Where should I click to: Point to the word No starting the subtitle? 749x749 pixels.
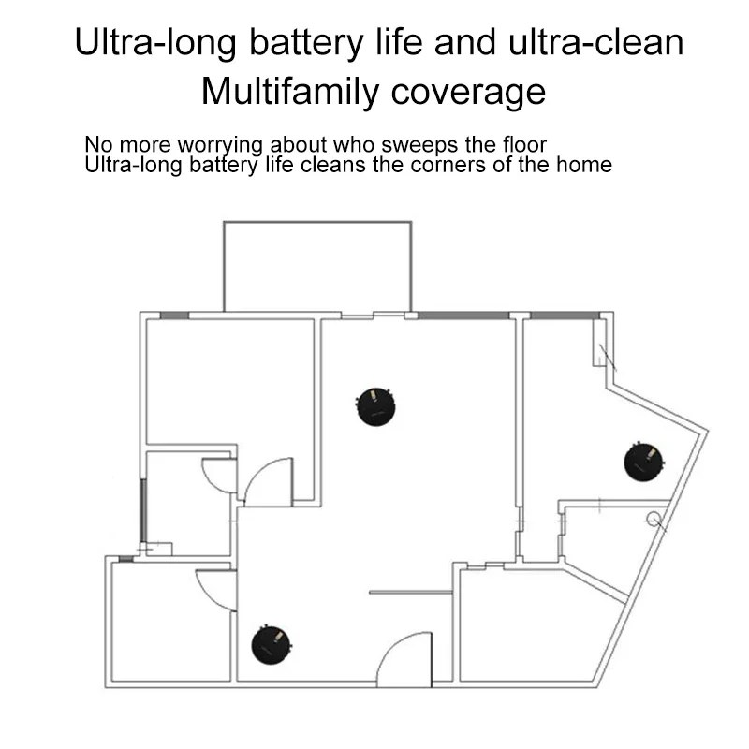pos(96,146)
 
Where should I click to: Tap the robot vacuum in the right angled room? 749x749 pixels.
pos(645,462)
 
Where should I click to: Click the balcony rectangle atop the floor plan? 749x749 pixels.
pos(316,266)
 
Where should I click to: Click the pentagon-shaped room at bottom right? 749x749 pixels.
pos(529,627)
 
